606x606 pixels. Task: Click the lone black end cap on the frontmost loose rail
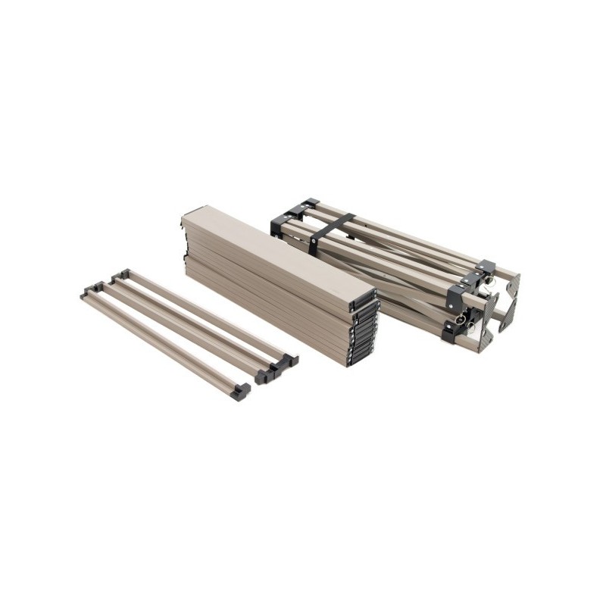(x=242, y=391)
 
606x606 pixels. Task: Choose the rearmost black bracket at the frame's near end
(x=486, y=267)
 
